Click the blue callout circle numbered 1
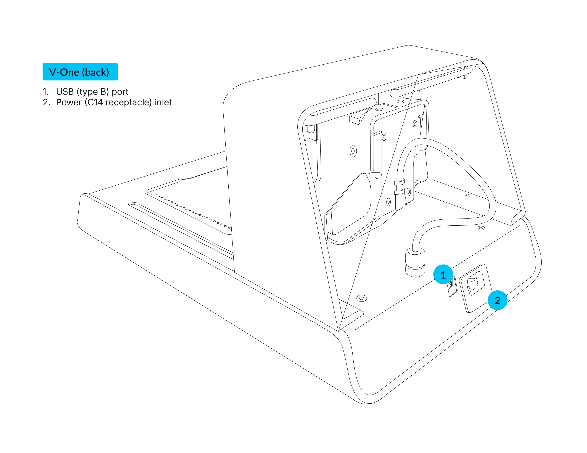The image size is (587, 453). [443, 274]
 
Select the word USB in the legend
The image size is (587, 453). [65, 92]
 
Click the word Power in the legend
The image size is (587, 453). [69, 103]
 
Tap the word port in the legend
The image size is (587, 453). [120, 92]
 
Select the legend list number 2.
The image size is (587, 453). [46, 103]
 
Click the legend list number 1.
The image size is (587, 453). [45, 92]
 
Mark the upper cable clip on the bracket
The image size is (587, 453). [399, 182]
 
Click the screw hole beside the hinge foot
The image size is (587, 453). [361, 298]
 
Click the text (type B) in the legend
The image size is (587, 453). [93, 92]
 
